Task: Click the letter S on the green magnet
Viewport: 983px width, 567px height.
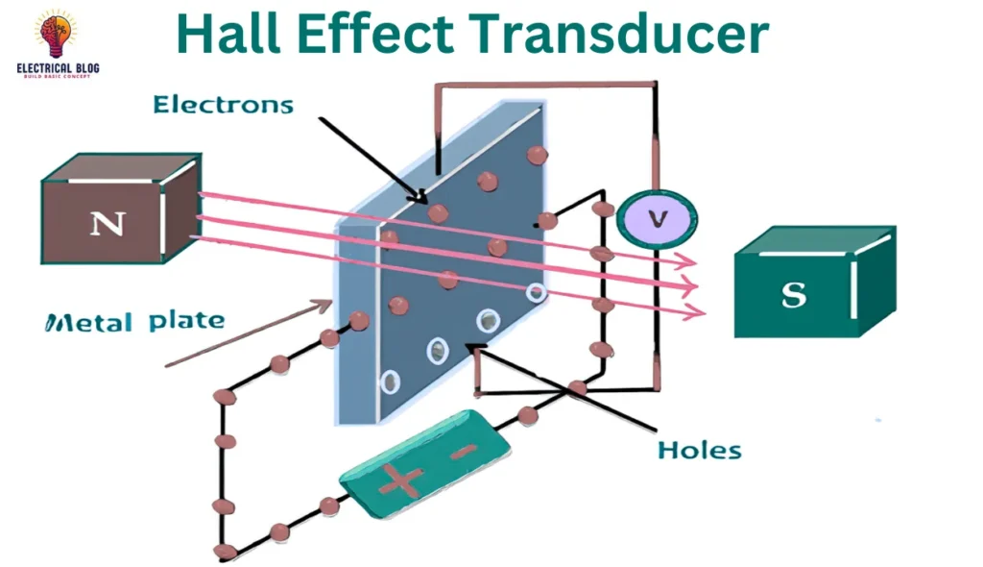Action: (x=794, y=294)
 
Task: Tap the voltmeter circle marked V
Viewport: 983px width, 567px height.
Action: (x=657, y=219)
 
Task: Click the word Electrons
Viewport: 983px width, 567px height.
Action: (x=224, y=104)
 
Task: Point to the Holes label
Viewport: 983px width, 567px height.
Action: (x=700, y=449)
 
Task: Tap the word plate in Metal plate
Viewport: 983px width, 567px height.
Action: (x=185, y=320)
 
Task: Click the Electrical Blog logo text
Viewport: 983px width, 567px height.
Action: (x=58, y=69)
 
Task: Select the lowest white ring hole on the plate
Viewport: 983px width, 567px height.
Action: (x=390, y=382)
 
